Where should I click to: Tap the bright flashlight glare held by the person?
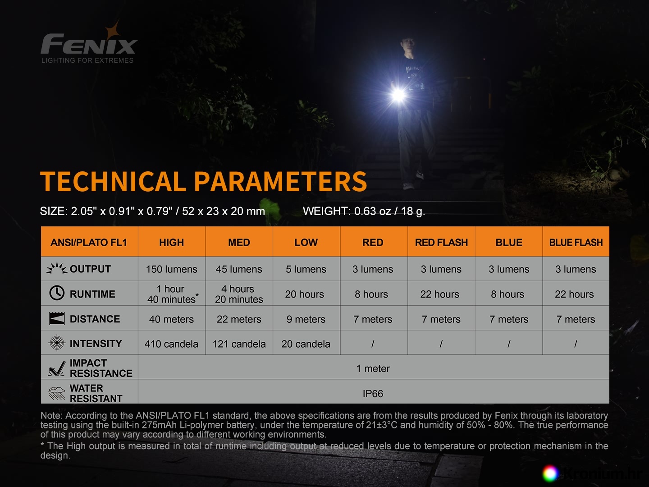(x=398, y=95)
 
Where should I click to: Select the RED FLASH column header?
(x=441, y=243)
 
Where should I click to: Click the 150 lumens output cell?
(x=172, y=269)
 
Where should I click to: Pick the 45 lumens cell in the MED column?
(x=239, y=269)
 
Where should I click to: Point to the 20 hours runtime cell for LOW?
(x=305, y=294)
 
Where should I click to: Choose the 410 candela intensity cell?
(x=172, y=344)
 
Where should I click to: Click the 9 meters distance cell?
(x=306, y=319)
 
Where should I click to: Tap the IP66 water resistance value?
(x=373, y=394)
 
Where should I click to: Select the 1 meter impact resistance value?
(x=373, y=369)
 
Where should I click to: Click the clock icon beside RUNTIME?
(x=56, y=293)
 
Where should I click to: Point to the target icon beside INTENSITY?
(x=57, y=343)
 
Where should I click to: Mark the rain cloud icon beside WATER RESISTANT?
(x=57, y=394)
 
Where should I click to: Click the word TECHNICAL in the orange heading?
(x=113, y=181)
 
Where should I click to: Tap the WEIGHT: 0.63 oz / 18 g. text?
(x=364, y=211)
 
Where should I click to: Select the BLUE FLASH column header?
(x=576, y=243)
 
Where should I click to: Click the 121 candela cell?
(x=239, y=344)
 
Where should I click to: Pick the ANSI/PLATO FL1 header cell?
(x=89, y=243)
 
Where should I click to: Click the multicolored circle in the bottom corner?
(x=550, y=473)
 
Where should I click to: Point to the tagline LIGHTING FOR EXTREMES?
(x=87, y=60)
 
